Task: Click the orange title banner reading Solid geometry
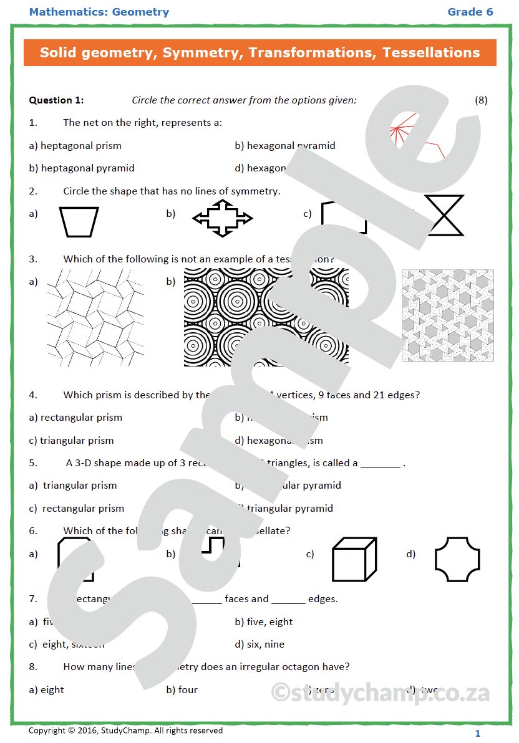(259, 53)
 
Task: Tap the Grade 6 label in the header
(470, 12)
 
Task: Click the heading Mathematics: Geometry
(99, 12)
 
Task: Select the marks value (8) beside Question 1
(480, 100)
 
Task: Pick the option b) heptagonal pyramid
(82, 168)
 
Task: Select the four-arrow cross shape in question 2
(223, 218)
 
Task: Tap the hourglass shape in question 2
(444, 216)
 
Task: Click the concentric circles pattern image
(266, 317)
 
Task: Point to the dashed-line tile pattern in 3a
(95, 317)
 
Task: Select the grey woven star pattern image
(447, 315)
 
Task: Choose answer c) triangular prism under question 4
(72, 441)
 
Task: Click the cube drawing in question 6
(354, 558)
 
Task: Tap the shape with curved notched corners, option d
(457, 558)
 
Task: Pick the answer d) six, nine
(259, 645)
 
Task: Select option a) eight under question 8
(47, 690)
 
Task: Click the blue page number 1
(478, 733)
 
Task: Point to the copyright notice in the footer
(125, 731)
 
